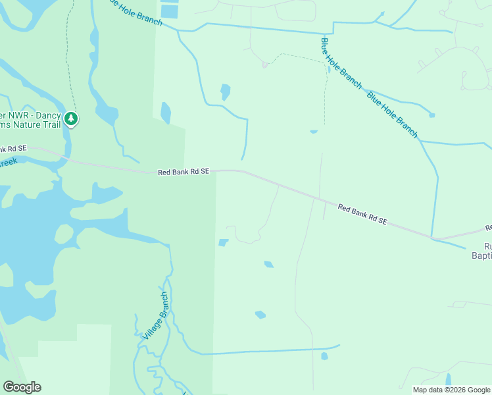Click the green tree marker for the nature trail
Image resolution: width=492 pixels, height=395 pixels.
(x=71, y=119)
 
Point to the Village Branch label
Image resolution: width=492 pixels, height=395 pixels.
(x=156, y=315)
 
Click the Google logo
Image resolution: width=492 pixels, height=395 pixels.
(x=22, y=387)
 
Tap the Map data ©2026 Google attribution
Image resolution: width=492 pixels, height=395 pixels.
(x=451, y=390)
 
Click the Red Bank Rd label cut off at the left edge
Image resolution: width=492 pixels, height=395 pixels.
(x=13, y=149)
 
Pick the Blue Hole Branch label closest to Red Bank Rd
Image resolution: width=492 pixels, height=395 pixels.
(x=392, y=115)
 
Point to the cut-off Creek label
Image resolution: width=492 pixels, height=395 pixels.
(x=7, y=162)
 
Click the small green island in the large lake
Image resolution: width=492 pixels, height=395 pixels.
(x=64, y=233)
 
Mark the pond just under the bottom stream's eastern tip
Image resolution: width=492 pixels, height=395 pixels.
(x=324, y=357)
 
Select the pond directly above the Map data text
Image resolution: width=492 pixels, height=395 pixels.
(x=449, y=380)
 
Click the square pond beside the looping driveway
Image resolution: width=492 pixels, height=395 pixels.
(x=223, y=242)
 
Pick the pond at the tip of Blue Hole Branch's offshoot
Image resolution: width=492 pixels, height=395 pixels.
(x=431, y=115)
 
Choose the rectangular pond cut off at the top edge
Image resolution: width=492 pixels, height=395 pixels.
(x=169, y=10)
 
